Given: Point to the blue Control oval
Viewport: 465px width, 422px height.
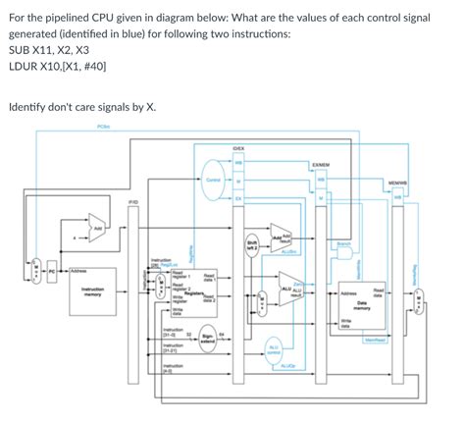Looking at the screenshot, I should [213, 181].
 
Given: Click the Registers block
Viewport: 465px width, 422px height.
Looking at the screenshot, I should [188, 294].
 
